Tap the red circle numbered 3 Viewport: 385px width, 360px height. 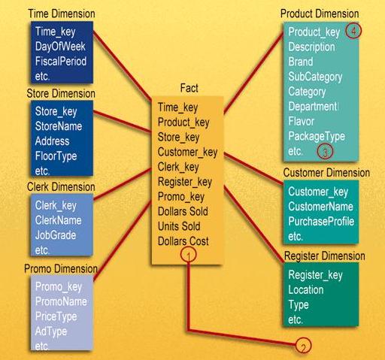[x=325, y=151]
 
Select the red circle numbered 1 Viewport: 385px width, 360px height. [x=190, y=256]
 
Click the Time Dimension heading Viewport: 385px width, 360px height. [x=62, y=14]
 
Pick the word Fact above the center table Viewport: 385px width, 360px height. [x=189, y=89]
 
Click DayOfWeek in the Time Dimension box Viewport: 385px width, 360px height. [x=60, y=47]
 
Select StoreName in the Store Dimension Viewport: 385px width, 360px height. [x=59, y=126]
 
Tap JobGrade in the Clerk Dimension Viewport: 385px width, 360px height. [x=55, y=234]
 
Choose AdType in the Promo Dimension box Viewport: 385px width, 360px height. [x=51, y=331]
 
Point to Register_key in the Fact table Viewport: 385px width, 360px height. [x=185, y=181]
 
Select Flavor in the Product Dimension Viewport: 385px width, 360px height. [x=302, y=121]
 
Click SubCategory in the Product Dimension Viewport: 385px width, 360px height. [x=315, y=77]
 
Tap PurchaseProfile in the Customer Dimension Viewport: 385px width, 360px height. [x=321, y=221]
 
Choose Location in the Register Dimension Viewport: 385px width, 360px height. [x=306, y=289]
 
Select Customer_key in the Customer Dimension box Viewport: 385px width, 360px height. [x=318, y=192]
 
